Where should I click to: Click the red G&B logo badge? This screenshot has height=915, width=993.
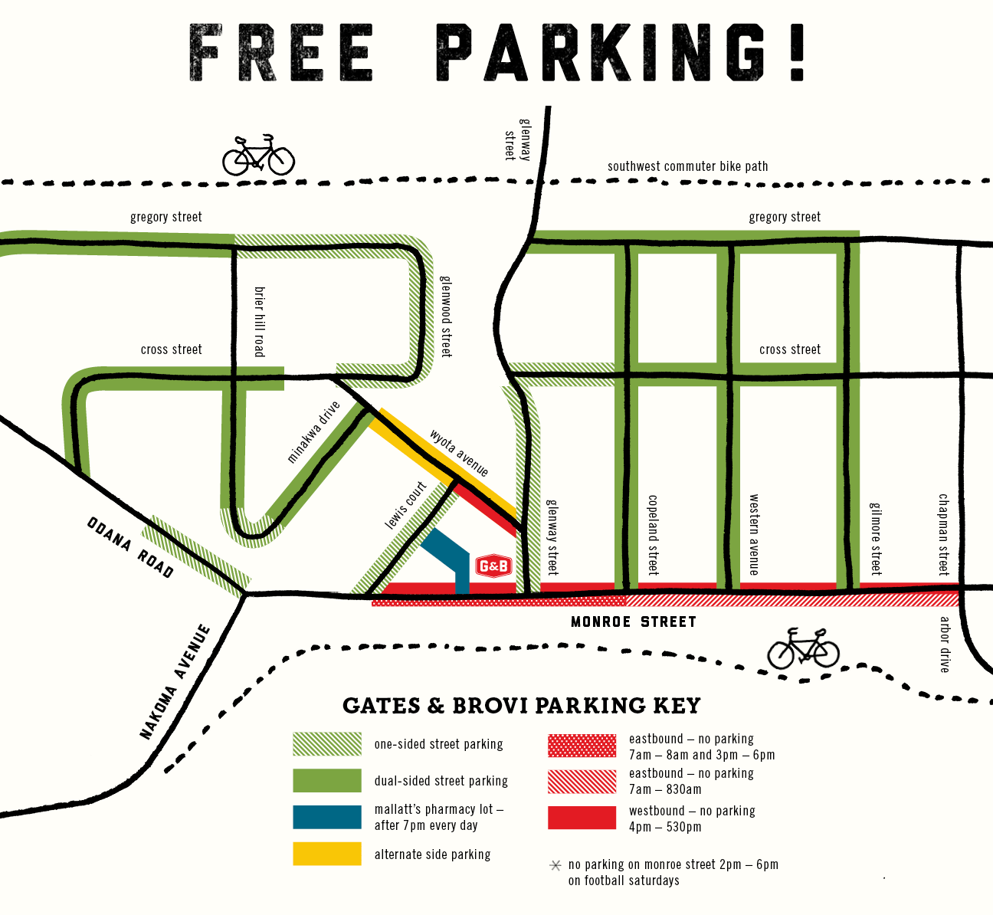click(493, 566)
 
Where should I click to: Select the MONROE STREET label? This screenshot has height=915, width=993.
click(634, 621)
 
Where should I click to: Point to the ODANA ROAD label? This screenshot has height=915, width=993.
click(130, 547)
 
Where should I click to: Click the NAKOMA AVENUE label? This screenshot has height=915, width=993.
click(175, 682)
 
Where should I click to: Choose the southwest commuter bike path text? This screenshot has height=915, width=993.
click(687, 166)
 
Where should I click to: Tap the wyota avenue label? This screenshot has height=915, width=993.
click(459, 453)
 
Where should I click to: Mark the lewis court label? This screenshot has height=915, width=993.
click(405, 506)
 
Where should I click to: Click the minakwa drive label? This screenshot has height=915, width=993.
click(313, 433)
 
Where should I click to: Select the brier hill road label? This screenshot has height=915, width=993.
click(259, 321)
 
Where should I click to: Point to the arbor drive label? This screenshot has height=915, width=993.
click(945, 644)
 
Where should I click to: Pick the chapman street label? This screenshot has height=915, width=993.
click(944, 534)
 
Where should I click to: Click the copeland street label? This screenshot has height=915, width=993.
click(653, 535)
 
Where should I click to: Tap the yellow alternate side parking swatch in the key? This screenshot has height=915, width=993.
click(327, 854)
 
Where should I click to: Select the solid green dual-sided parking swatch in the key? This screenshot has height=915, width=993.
click(327, 780)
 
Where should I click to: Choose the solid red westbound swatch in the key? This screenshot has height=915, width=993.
click(582, 818)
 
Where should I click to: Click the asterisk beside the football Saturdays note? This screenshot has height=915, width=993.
click(555, 865)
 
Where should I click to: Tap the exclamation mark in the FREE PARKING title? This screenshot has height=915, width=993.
click(797, 53)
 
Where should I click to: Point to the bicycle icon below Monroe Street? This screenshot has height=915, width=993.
click(803, 649)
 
